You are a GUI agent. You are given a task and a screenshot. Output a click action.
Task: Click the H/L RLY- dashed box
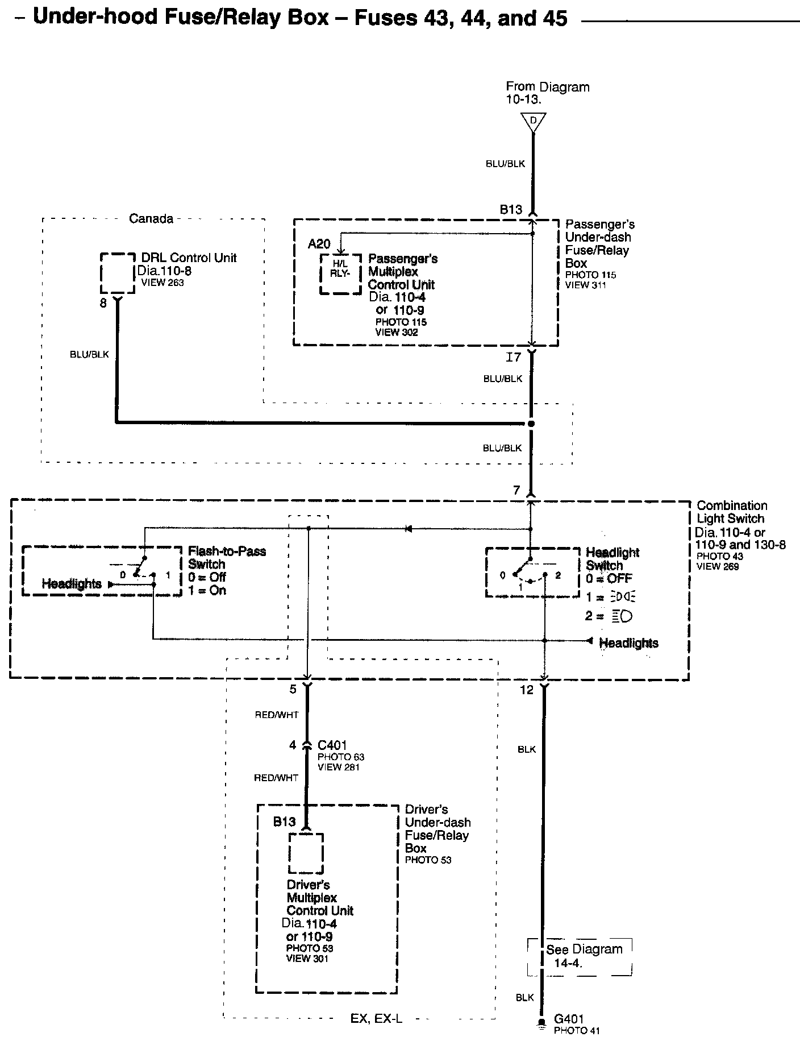(x=340, y=274)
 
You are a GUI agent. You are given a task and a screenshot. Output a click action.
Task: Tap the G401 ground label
(x=569, y=1019)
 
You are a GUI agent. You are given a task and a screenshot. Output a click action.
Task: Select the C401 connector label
(x=332, y=745)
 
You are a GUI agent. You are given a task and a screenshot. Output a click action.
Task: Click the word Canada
(x=151, y=219)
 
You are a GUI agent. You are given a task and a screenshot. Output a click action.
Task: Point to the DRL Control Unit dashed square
(x=118, y=273)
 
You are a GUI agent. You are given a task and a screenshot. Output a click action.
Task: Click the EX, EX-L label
(x=376, y=1018)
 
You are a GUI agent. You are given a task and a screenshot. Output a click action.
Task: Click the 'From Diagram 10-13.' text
(x=547, y=93)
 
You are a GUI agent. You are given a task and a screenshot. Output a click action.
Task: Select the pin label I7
(x=513, y=358)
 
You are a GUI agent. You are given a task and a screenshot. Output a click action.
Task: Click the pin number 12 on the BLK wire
(x=527, y=690)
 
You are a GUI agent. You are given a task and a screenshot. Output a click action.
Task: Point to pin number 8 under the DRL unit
(x=103, y=304)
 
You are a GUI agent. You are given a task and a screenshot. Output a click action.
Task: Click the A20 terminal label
(x=319, y=244)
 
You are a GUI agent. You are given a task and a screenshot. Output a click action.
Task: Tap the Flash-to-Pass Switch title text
(x=227, y=558)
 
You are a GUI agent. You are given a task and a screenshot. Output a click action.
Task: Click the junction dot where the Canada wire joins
(x=531, y=424)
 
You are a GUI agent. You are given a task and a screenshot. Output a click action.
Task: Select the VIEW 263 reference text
(x=163, y=283)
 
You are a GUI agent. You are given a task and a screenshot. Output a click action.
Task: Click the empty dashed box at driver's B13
(x=306, y=853)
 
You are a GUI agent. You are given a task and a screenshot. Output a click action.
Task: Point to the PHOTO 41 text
(x=576, y=1030)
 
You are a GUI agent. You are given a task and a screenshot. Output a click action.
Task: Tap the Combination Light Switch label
(x=731, y=512)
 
